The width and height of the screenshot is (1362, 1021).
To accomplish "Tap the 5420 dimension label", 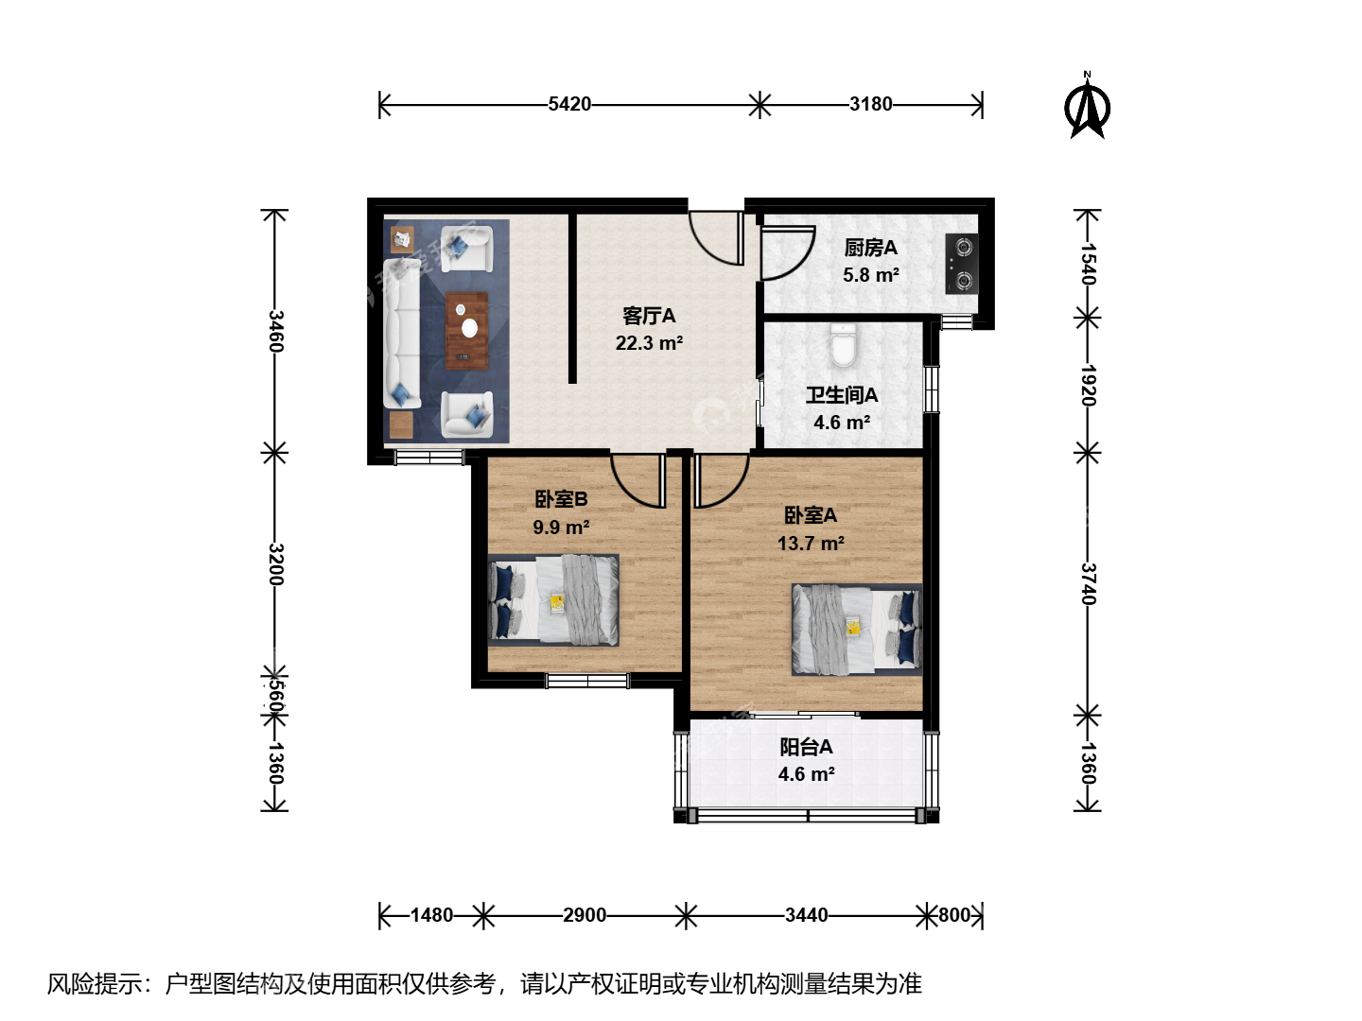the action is [569, 104].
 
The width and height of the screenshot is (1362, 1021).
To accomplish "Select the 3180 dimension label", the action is [870, 104].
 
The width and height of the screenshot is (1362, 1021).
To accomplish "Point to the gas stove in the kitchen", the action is [962, 264].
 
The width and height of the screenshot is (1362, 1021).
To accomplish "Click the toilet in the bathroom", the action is [843, 346].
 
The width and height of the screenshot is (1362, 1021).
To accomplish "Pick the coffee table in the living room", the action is [466, 331].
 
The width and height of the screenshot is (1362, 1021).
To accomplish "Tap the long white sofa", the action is [401, 334].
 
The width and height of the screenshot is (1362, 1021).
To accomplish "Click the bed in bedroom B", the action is [553, 600].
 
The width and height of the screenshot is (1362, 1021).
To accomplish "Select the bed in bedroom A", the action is [857, 630].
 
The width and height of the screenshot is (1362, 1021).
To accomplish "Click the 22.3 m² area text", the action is [649, 343].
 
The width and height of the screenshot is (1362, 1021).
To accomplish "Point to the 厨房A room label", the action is [870, 248].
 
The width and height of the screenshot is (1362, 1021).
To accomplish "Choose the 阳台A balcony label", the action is [806, 747].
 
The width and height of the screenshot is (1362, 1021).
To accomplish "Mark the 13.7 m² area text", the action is [811, 544].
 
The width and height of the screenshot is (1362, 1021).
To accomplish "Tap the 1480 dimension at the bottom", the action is [431, 915].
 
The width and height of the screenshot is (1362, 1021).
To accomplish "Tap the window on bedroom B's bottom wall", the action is [587, 682].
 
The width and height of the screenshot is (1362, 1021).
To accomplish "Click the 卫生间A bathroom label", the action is [842, 395].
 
